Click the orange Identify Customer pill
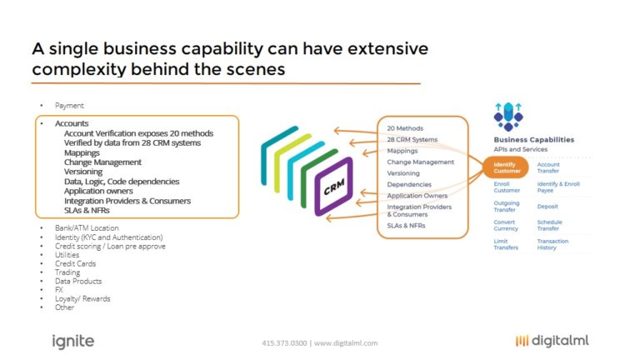[506, 167]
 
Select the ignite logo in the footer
[73, 341]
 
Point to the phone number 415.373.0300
[285, 342]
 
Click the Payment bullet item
[69, 106]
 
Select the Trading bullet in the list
[67, 272]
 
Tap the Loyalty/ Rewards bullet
[82, 298]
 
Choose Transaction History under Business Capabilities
[552, 244]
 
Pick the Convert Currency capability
[506, 225]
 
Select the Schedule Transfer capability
[550, 225]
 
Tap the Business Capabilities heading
[532, 139]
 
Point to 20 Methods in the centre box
[405, 128]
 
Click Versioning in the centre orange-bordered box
[404, 173]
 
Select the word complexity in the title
[72, 70]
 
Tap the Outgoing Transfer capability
[507, 206]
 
